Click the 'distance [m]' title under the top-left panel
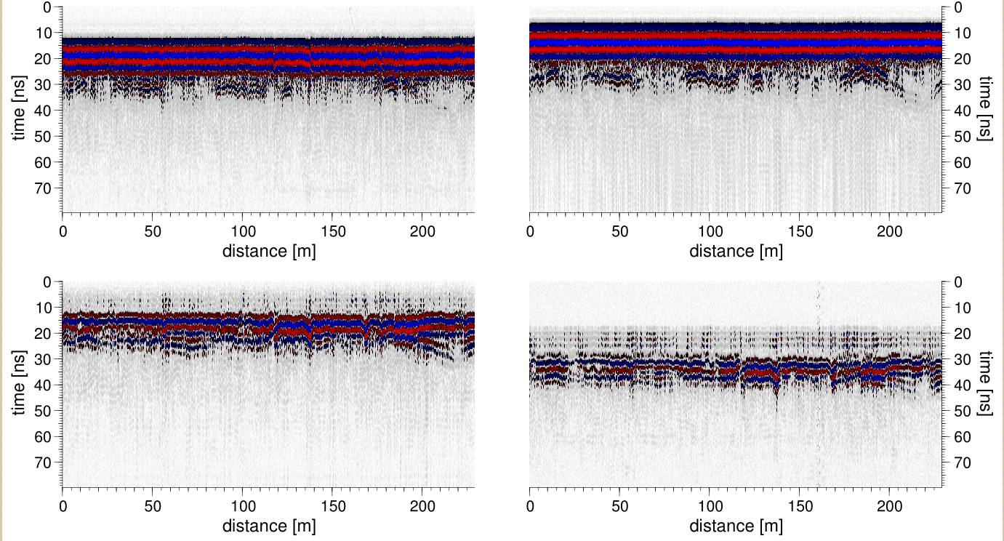tap(269, 251)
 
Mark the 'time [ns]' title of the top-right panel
tap(985, 110)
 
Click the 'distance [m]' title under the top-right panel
tap(736, 251)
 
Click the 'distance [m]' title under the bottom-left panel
tap(269, 526)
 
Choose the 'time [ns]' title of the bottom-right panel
tap(985, 385)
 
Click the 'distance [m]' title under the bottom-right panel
tap(736, 526)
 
